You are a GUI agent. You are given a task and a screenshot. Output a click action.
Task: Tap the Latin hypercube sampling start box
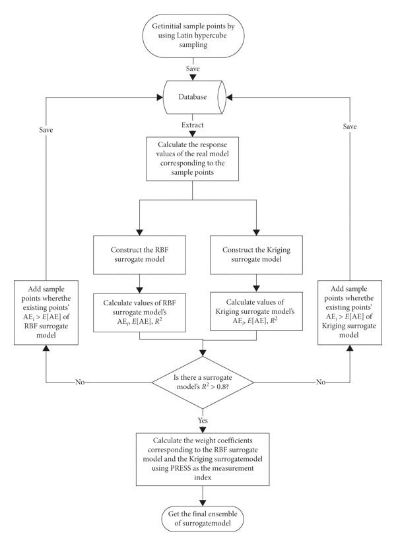[193, 36]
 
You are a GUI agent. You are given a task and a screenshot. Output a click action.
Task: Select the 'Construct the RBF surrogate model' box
[139, 255]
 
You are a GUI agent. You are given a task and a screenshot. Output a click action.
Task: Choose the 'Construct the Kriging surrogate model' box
[256, 255]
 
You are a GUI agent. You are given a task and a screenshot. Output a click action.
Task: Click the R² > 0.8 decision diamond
[203, 382]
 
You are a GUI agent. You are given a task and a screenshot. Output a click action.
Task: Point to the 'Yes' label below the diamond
[203, 420]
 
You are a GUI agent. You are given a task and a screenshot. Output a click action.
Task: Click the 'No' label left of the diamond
[80, 382]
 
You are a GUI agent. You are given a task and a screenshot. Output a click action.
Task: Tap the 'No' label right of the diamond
[321, 382]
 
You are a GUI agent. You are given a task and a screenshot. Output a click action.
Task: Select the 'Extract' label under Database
[193, 125]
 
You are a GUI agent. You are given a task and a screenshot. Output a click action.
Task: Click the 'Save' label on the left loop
[46, 130]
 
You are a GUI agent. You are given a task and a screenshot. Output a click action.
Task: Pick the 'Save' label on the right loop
[350, 127]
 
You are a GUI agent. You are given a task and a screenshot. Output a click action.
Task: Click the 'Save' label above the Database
[193, 69]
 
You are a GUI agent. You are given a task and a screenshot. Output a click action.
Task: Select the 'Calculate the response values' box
[193, 158]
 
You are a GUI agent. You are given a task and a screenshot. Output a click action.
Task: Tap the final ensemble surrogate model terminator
[203, 518]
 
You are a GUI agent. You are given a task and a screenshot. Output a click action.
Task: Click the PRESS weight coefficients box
[203, 459]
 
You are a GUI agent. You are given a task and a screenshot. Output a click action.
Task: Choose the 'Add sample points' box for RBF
[46, 313]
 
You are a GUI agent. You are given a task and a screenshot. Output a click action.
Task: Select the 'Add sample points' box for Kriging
[350, 313]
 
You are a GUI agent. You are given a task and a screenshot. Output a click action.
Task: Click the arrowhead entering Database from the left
[160, 98]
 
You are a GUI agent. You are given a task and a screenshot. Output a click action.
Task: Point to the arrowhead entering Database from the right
[230, 98]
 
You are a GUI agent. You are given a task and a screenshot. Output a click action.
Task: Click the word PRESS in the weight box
[181, 468]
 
